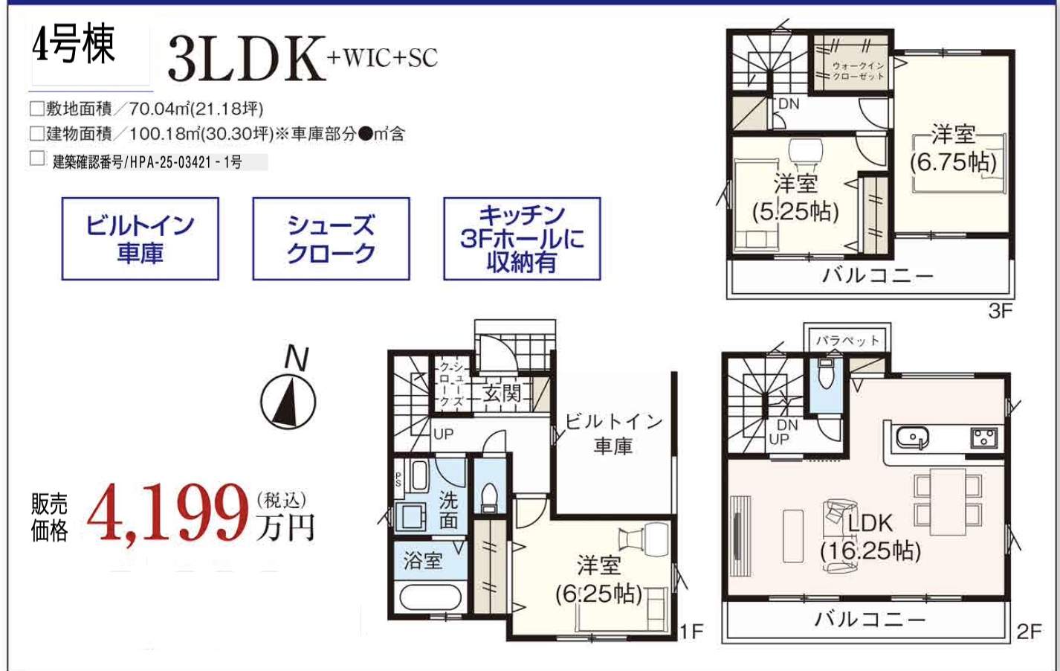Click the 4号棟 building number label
[x=74, y=46]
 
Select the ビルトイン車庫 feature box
[x=140, y=239]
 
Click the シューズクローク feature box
[x=331, y=239]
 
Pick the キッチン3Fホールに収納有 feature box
[x=522, y=239]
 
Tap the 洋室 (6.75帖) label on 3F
[x=954, y=148]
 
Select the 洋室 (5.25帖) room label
[x=795, y=197]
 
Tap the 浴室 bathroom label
[x=423, y=560]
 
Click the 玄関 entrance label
[x=502, y=393]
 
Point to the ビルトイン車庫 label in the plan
[x=613, y=434]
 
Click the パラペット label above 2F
[x=847, y=341]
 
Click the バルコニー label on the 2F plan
[x=870, y=619]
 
